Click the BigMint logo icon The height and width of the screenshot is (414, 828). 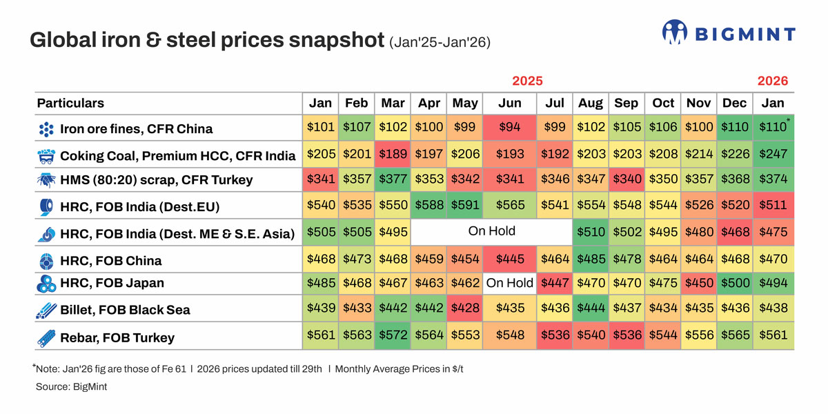674,33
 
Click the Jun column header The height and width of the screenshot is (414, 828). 509,103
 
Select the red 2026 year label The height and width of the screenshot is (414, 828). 772,81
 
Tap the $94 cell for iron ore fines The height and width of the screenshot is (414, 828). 509,128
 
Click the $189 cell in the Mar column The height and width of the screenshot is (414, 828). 393,155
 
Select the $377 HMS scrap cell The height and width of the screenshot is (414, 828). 393,179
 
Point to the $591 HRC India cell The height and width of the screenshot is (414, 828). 464,206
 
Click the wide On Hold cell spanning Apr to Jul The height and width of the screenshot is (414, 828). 491,231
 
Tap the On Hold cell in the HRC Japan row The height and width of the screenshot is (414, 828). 509,283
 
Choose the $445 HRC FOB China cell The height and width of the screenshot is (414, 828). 509,260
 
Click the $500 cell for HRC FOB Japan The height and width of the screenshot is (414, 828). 734,283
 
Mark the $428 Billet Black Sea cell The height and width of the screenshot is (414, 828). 464,309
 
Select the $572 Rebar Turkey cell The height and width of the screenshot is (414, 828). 393,337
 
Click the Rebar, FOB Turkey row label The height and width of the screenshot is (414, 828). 117,337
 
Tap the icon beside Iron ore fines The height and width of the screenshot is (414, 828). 46,129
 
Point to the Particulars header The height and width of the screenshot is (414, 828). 70,103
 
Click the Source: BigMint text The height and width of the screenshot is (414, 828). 71,387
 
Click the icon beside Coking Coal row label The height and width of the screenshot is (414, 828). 46,155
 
